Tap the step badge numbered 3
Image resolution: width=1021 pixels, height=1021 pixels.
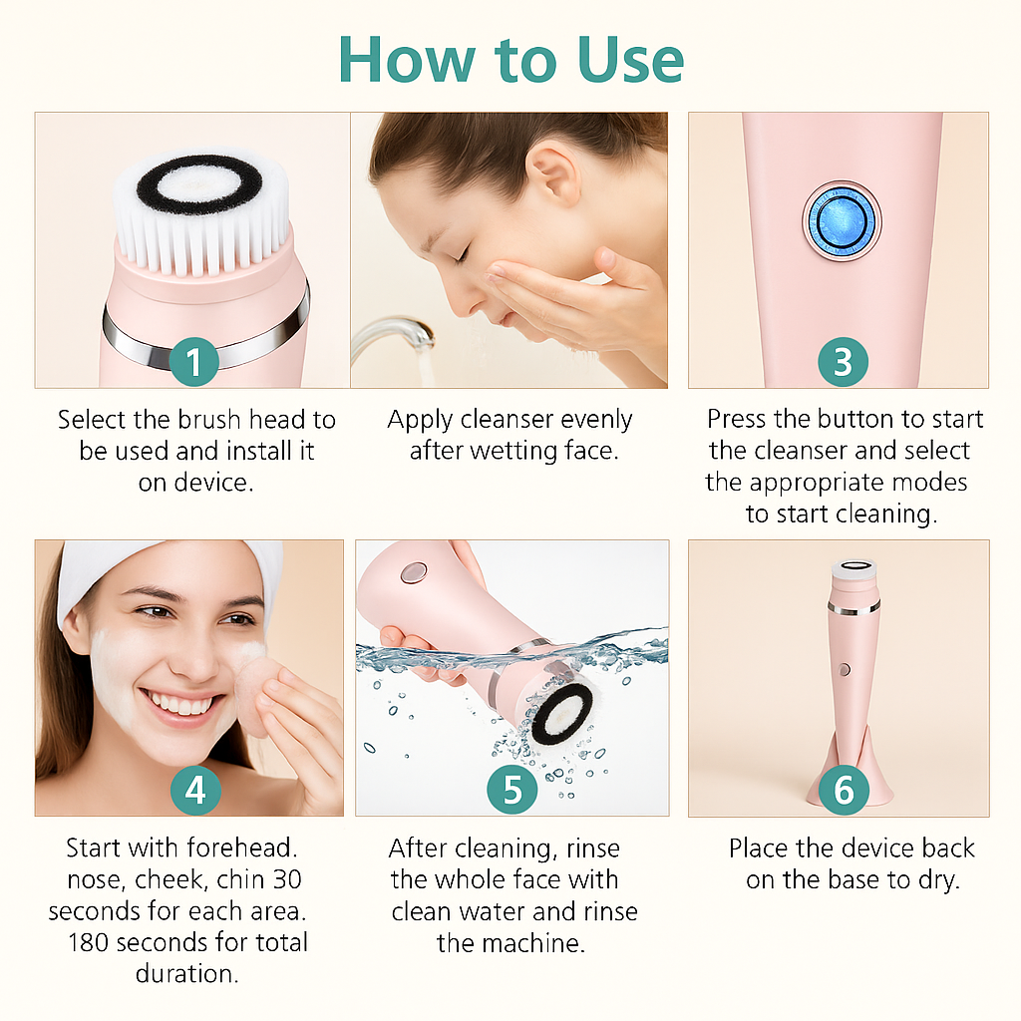point(843,361)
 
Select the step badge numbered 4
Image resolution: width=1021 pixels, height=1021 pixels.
point(195,790)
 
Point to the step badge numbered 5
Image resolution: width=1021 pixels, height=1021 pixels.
point(512,790)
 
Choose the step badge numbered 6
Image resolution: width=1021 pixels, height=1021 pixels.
point(844,790)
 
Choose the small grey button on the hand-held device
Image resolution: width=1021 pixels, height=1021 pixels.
point(413,572)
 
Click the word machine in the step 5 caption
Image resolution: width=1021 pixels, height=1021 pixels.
point(533,942)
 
